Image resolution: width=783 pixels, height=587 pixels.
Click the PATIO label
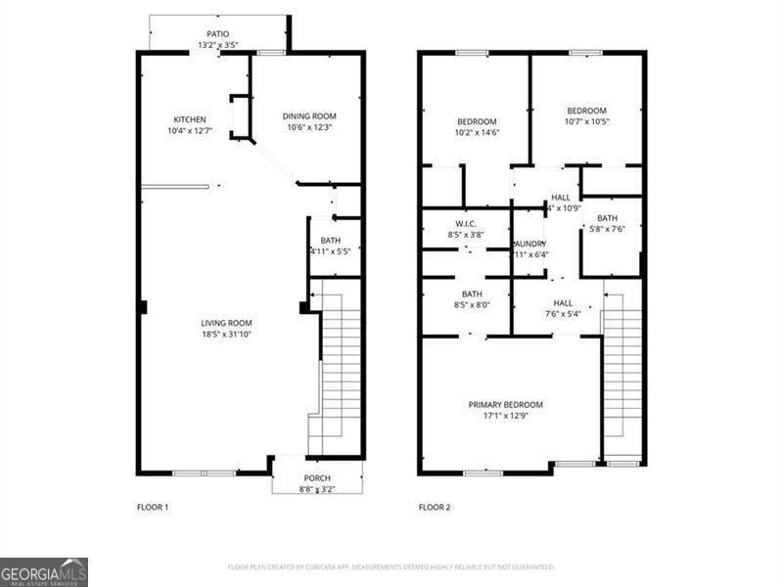[x=217, y=34]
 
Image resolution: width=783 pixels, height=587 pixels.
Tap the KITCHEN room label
[x=190, y=119]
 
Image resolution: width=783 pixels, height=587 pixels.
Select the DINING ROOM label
[x=309, y=115]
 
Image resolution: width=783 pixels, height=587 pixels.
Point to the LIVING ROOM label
[x=227, y=323]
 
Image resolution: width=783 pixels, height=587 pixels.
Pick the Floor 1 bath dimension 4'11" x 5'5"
[x=330, y=251]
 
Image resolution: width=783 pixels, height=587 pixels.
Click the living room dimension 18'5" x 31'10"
[x=227, y=335]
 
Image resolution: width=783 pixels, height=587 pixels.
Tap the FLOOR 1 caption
[x=153, y=508]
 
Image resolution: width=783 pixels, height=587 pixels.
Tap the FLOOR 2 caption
[x=435, y=508]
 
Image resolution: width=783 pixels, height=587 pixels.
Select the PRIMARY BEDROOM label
[x=505, y=404]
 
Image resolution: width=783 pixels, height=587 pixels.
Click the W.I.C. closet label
[x=465, y=223]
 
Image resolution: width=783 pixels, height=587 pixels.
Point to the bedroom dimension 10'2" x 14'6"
[x=478, y=133]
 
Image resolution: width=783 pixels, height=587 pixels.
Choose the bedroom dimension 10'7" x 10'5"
[x=586, y=122]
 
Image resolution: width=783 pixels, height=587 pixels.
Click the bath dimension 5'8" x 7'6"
[x=607, y=229]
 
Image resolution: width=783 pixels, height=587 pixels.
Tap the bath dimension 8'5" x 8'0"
[x=472, y=304]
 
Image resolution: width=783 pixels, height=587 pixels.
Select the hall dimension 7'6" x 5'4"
[x=563, y=314]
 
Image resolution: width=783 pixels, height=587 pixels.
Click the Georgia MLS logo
[x=44, y=571]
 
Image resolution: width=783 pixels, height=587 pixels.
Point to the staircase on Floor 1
[x=337, y=367]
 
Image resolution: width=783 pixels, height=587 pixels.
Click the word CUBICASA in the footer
[x=330, y=567]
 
